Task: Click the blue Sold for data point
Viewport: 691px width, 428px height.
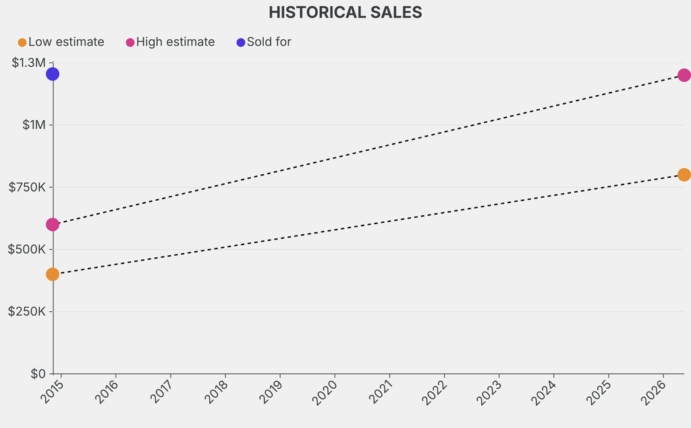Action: pyautogui.click(x=53, y=74)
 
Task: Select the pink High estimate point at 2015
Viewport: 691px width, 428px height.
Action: pyautogui.click(x=53, y=224)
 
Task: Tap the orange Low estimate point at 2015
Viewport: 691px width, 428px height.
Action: pyautogui.click(x=53, y=274)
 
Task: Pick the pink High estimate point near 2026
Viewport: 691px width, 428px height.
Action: pyautogui.click(x=684, y=75)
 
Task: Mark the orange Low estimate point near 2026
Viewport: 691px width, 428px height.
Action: pyautogui.click(x=684, y=174)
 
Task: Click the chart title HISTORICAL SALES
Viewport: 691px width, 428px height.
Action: pyautogui.click(x=345, y=12)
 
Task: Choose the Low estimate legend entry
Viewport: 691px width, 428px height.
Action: pyautogui.click(x=61, y=42)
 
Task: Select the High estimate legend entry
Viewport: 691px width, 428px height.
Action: pyautogui.click(x=171, y=42)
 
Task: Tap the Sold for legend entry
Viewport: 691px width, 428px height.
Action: pyautogui.click(x=264, y=42)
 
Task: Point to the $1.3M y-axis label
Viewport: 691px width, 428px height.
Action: pyautogui.click(x=28, y=63)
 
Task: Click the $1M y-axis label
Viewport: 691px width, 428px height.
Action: pyautogui.click(x=32, y=125)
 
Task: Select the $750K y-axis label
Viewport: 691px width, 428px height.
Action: pyautogui.click(x=27, y=187)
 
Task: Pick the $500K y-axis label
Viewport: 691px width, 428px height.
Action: pyautogui.click(x=27, y=249)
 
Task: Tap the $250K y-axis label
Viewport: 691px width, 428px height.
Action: pyautogui.click(x=27, y=311)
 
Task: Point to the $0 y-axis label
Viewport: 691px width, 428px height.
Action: pyautogui.click(x=38, y=373)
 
